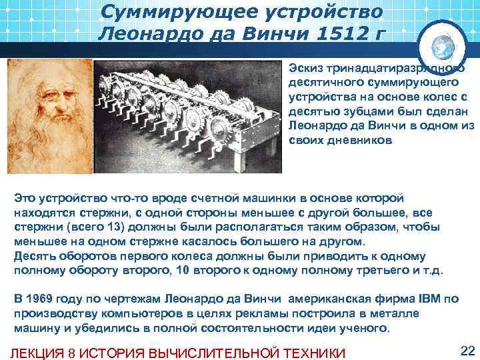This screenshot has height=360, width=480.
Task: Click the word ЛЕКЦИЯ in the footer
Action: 39,353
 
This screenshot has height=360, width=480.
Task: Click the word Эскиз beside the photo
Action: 305,68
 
